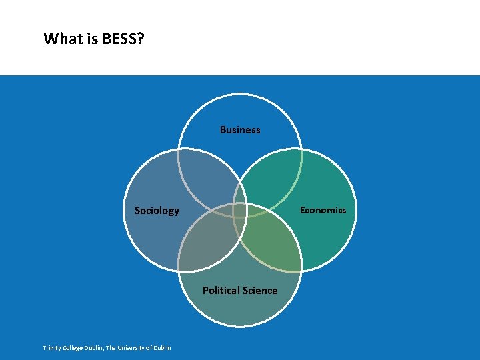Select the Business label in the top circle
point(240,130)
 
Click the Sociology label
point(157,211)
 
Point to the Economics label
point(323,210)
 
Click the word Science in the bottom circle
point(259,291)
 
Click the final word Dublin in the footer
point(161,348)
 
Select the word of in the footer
point(149,348)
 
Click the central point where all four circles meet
point(240,210)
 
